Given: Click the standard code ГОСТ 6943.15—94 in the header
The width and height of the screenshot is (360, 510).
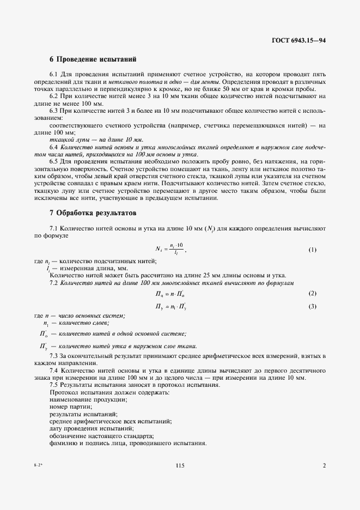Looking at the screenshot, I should [298, 40].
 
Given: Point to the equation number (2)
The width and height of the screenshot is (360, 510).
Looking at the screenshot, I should [312, 294].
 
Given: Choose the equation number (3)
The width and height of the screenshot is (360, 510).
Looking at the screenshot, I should [312, 306].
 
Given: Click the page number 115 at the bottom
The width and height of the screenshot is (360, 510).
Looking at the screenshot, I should [180, 465].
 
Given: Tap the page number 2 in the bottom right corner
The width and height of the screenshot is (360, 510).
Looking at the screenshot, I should [324, 465].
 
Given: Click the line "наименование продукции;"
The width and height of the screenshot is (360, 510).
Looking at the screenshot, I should [88, 399].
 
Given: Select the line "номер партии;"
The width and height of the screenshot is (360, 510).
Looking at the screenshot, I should [71, 406].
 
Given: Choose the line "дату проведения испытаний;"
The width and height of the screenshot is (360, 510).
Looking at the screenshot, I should [92, 428].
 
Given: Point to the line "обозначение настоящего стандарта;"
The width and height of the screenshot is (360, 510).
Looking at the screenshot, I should [102, 435].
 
